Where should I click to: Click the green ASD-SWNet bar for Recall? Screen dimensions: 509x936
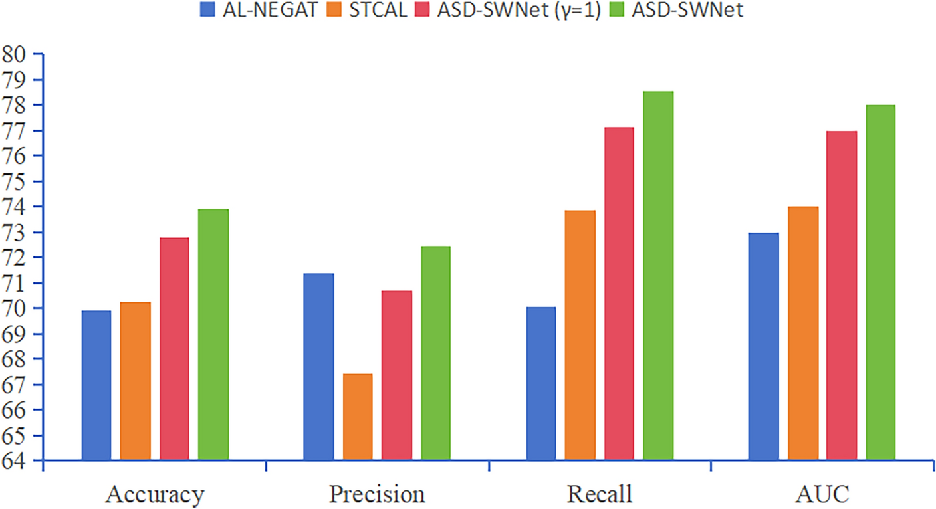tap(658, 276)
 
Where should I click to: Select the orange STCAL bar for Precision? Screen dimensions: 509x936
tap(358, 417)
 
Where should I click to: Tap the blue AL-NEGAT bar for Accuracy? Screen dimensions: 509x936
tap(96, 385)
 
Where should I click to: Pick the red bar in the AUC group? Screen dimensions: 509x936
tap(842, 296)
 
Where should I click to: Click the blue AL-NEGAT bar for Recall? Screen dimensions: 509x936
tap(540, 383)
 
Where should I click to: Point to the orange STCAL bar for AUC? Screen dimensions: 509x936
tap(803, 333)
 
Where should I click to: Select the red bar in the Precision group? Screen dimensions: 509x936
tap(397, 375)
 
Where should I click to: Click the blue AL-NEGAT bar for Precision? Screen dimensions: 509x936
tap(318, 366)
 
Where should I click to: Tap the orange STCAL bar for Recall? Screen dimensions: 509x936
tap(580, 335)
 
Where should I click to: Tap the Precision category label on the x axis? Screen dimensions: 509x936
tap(377, 494)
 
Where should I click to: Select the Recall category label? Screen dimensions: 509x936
tap(600, 494)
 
